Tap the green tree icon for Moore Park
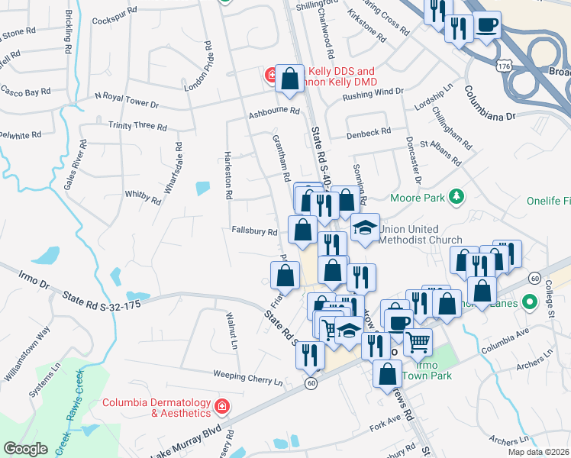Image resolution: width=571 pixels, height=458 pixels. pyautogui.click(x=456, y=197)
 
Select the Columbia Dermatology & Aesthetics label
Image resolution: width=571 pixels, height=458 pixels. pyautogui.click(x=157, y=407)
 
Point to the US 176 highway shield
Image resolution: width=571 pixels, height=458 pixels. pyautogui.click(x=503, y=67)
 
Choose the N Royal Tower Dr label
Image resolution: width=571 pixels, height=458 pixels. pyautogui.click(x=126, y=98)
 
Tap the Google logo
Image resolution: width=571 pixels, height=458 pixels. pyautogui.click(x=25, y=449)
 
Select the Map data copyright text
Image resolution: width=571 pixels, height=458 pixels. pyautogui.click(x=538, y=452)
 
